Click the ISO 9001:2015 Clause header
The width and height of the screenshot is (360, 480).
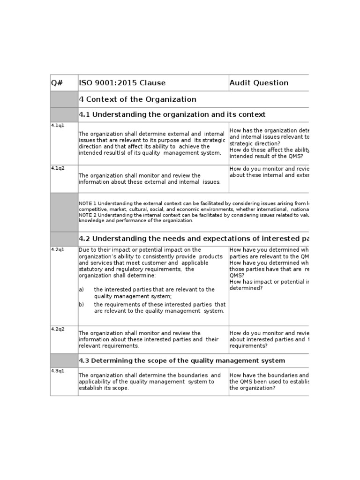click(x=122, y=83)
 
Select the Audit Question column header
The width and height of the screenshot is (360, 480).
click(x=259, y=83)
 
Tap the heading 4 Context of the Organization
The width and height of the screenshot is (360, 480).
click(x=137, y=99)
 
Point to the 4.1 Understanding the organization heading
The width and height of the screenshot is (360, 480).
click(x=172, y=115)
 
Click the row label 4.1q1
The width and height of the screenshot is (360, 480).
click(x=58, y=126)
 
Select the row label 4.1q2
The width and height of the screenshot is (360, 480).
click(x=58, y=168)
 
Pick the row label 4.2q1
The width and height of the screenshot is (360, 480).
click(x=58, y=249)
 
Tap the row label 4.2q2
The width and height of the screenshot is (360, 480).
click(x=58, y=329)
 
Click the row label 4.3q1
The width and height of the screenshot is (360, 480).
click(x=58, y=371)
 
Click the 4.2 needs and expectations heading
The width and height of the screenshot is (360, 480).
click(x=193, y=239)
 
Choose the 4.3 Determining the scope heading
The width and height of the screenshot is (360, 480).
click(x=181, y=360)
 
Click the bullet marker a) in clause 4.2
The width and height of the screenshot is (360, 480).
click(x=82, y=290)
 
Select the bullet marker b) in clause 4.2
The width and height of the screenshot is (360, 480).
click(x=82, y=305)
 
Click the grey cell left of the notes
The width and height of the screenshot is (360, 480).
click(x=64, y=212)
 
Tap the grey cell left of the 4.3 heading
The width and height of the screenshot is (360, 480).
click(x=64, y=360)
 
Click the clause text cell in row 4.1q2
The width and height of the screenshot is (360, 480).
click(x=153, y=179)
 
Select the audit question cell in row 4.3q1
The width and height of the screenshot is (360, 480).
click(x=269, y=382)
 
